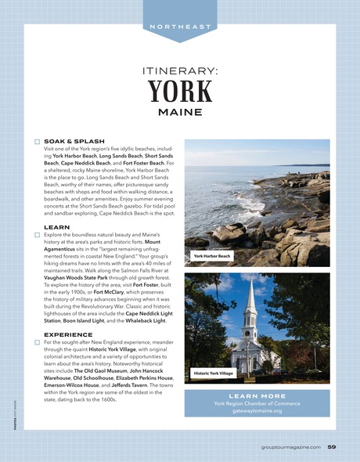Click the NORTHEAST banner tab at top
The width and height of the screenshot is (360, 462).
[x=179, y=26]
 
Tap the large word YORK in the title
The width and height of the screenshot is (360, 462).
[x=180, y=92]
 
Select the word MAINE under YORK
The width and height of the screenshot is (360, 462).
[x=180, y=112]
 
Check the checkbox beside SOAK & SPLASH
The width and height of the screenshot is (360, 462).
[x=37, y=142]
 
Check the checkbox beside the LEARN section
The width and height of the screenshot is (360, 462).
[x=37, y=234]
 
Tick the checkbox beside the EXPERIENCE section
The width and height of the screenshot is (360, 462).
[x=37, y=342]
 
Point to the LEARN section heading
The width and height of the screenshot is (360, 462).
[x=57, y=226]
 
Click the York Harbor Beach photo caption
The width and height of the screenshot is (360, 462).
[x=212, y=255]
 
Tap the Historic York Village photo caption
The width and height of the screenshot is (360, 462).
[x=214, y=374]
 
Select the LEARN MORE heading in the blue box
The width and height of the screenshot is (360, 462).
[x=257, y=395]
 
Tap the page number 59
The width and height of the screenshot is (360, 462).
[x=332, y=447]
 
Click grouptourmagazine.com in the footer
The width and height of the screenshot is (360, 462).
[x=290, y=447]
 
